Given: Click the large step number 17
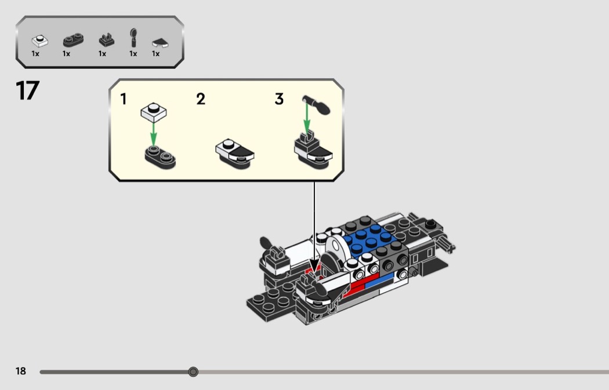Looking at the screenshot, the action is [28, 90].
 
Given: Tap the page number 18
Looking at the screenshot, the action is [20, 371].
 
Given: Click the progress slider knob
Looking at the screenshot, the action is [193, 372].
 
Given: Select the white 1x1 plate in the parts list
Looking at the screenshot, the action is [39, 41].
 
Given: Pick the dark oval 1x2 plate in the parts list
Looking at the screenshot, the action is [73, 40].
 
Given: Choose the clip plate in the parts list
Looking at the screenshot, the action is [106, 40].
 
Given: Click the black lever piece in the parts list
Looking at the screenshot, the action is [133, 38].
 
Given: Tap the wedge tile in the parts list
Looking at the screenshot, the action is [160, 43].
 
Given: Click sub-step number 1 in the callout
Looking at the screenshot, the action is [124, 99].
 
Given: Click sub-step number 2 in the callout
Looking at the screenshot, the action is [201, 99].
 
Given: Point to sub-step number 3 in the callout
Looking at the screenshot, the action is [279, 99].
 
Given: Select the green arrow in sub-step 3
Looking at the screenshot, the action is [306, 118].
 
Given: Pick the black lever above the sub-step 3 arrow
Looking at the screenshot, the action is [317, 105].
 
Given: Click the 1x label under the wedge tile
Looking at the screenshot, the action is [156, 53].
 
